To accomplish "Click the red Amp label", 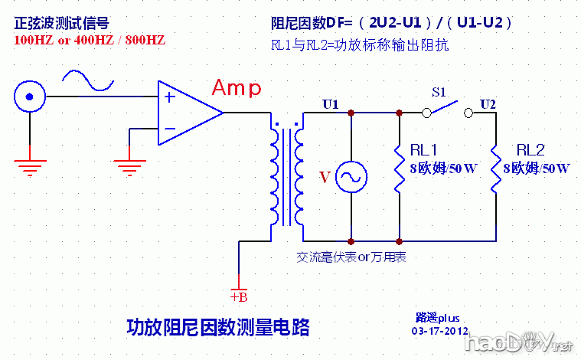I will tap(236, 88).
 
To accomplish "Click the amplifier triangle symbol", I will tap(188, 113).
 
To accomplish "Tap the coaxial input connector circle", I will tap(29, 97).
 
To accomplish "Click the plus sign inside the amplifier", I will tap(170, 98).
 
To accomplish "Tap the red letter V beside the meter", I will tap(325, 178).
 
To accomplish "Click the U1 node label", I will tap(331, 103).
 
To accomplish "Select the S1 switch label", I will tap(439, 92).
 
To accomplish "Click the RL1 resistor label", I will tap(423, 149).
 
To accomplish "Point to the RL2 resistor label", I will tap(530, 149).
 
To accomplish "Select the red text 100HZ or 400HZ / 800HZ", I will tap(90, 39).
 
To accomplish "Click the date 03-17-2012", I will tap(439, 331).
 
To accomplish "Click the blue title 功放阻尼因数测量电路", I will tap(217, 328).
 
